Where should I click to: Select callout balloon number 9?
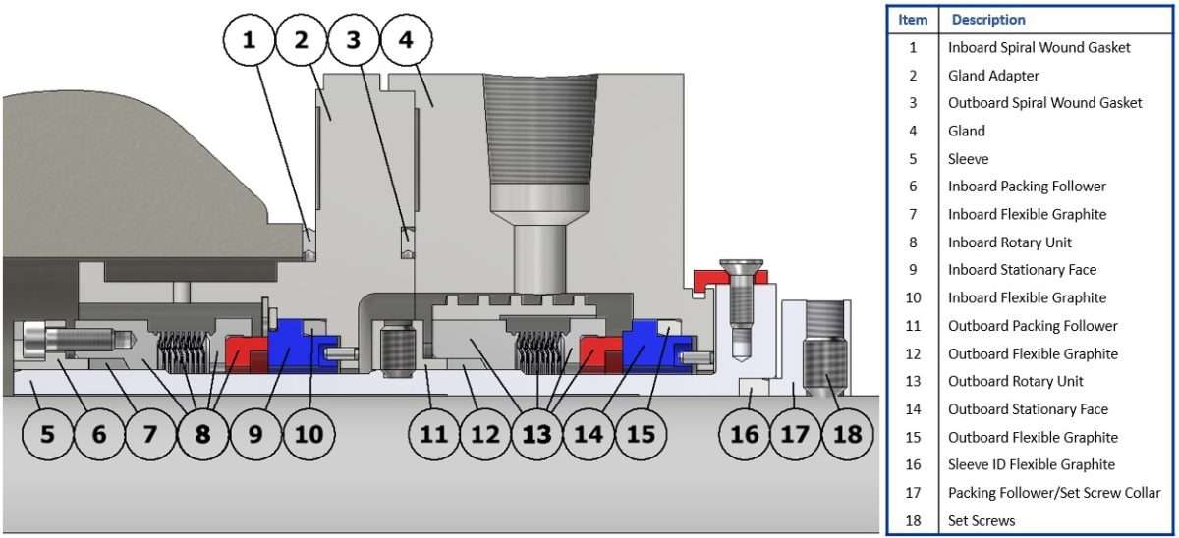[255, 432]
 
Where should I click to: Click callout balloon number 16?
[746, 432]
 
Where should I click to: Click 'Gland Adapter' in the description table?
[992, 75]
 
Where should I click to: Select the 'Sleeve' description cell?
[968, 158]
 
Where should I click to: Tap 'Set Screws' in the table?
[982, 520]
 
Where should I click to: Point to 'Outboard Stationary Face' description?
[1027, 409]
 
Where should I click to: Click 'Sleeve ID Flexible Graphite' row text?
[1031, 464]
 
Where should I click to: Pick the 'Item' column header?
[913, 20]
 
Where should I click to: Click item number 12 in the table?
[913, 353]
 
